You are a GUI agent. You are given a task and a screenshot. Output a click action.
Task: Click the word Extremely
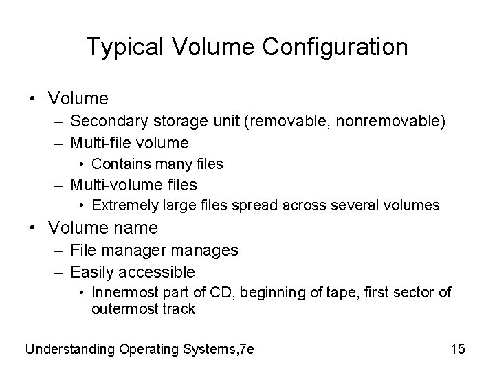(x=122, y=205)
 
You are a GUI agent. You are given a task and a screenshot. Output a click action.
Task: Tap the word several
(x=369, y=205)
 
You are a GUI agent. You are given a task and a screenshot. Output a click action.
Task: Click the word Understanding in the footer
(x=70, y=349)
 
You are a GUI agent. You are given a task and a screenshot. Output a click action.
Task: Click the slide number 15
(x=458, y=349)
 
